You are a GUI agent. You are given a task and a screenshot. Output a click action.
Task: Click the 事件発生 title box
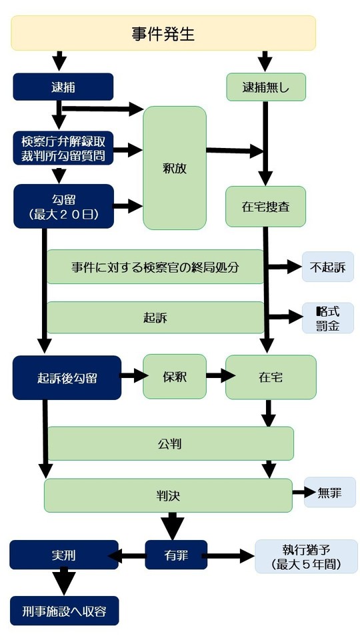click(163, 33)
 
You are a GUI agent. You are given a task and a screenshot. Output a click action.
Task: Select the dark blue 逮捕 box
click(63, 86)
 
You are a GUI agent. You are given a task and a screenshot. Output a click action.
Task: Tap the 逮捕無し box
click(265, 86)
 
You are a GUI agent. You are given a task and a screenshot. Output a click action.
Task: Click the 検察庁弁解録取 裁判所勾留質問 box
click(63, 148)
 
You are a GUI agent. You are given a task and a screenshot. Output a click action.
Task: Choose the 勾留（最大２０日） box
click(63, 206)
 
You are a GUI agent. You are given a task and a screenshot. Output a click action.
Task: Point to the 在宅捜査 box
click(265, 206)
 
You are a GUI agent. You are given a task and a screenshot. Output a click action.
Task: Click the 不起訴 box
click(327, 267)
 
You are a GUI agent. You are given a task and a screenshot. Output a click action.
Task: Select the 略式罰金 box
click(327, 318)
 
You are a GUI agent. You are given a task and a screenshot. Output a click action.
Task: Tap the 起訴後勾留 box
click(67, 377)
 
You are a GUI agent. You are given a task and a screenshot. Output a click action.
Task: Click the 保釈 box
click(175, 377)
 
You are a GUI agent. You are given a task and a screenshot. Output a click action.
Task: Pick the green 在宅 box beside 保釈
click(270, 377)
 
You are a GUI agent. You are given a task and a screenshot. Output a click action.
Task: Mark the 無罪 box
click(329, 493)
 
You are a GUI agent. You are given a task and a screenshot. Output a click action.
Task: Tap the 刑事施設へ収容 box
click(64, 610)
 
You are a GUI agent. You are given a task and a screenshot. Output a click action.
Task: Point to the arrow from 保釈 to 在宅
click(216, 377)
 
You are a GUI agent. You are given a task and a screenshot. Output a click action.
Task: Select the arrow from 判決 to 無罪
click(303, 493)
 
